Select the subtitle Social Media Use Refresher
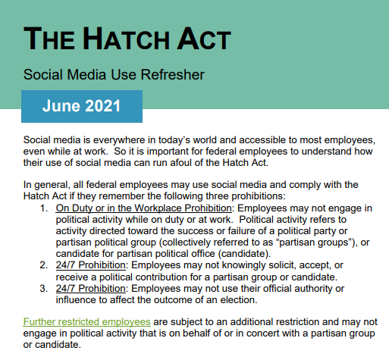114,76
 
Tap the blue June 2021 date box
82,106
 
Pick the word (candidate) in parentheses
245,252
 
